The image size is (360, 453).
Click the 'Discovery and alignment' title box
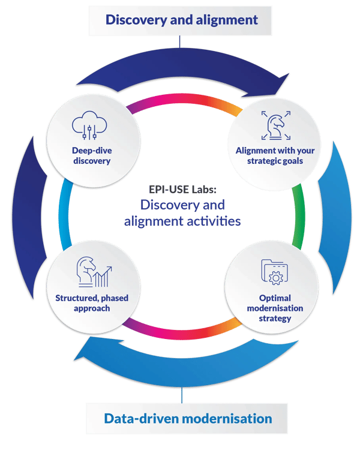[x=182, y=20]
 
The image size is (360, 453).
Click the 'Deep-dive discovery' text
[x=90, y=155]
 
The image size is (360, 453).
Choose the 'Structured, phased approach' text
[x=92, y=302]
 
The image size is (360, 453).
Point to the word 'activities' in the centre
[x=214, y=221]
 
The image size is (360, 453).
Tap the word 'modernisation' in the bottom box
[x=231, y=418]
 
